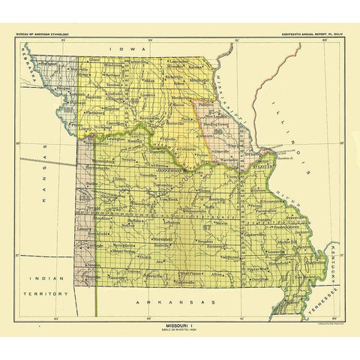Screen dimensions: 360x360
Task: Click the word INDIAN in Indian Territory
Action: (x=44, y=278)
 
